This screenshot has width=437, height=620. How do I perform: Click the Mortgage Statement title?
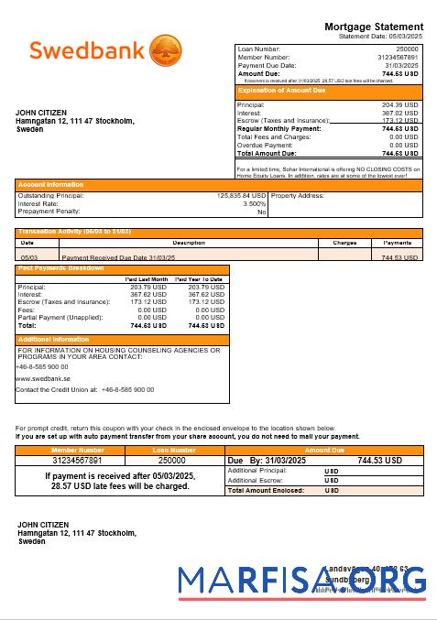(374, 27)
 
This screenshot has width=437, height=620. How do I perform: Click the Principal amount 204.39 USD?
(399, 105)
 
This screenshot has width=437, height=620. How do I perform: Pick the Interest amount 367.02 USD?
(399, 113)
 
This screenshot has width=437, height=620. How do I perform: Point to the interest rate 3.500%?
(254, 203)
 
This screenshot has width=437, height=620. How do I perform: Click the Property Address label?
(299, 196)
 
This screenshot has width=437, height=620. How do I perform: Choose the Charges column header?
(344, 243)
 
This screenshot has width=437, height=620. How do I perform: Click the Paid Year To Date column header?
(199, 279)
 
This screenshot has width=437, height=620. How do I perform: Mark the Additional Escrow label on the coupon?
(256, 480)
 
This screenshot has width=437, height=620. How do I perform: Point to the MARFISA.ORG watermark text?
(302, 581)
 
